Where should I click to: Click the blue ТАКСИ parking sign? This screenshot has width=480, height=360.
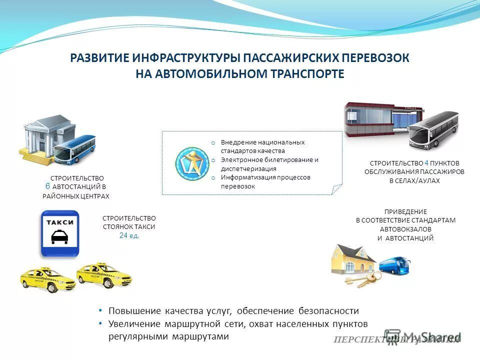pos(60,233)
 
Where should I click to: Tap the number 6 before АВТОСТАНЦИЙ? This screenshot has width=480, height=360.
pos(47,186)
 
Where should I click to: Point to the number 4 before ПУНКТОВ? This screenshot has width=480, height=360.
pos(426,163)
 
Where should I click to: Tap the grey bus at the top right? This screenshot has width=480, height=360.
pos(433,130)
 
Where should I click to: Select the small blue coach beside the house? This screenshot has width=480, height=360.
pos(394,265)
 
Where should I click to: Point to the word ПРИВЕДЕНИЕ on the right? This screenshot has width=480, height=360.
pos(405,211)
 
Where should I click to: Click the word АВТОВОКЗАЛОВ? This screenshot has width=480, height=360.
pos(405,229)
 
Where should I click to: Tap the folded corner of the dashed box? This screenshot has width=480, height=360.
pos(337,189)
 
